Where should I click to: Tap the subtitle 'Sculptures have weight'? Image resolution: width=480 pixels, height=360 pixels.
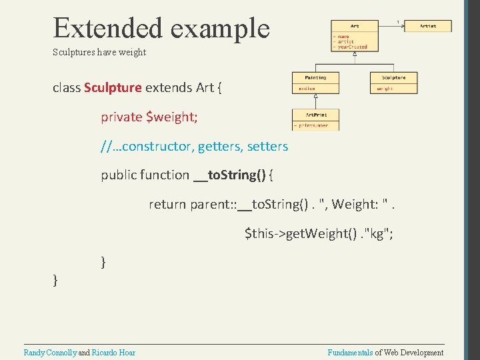click(99, 52)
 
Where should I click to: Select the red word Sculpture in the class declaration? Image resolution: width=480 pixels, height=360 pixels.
click(113, 87)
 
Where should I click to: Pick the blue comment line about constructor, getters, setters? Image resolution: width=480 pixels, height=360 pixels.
click(195, 146)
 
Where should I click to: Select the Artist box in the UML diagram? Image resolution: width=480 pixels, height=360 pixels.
click(428, 26)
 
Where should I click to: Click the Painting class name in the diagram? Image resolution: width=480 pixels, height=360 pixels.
click(315, 78)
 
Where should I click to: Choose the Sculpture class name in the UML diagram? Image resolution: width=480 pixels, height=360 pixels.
click(393, 78)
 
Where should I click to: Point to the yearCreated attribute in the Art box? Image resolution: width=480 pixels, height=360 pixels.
click(353, 47)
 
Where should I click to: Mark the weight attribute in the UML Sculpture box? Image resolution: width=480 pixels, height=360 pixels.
click(385, 88)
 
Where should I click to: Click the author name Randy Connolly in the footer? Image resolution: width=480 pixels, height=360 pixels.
click(50, 353)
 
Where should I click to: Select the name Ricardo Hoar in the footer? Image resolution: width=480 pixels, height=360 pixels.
click(113, 353)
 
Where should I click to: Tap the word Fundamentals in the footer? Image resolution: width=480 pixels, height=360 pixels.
click(350, 353)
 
